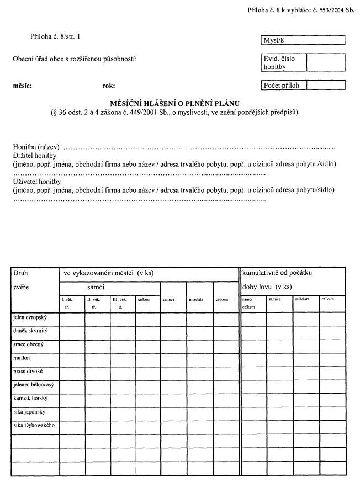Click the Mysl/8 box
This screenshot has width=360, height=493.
point(303,40)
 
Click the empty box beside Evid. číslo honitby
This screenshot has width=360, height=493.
point(326,62)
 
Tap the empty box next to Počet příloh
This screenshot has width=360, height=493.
point(326,85)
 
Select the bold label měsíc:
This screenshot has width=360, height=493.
point(23,86)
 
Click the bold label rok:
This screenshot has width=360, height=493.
point(108,86)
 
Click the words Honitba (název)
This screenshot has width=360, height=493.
point(36,147)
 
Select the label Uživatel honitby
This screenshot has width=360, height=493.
point(36,181)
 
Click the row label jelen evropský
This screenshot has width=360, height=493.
point(30,317)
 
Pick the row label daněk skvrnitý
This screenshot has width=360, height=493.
point(30,331)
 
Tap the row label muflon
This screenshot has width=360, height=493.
point(22,358)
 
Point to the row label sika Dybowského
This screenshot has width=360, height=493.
point(34,425)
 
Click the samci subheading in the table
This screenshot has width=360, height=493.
point(96,287)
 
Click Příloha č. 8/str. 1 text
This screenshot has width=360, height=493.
point(55,36)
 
